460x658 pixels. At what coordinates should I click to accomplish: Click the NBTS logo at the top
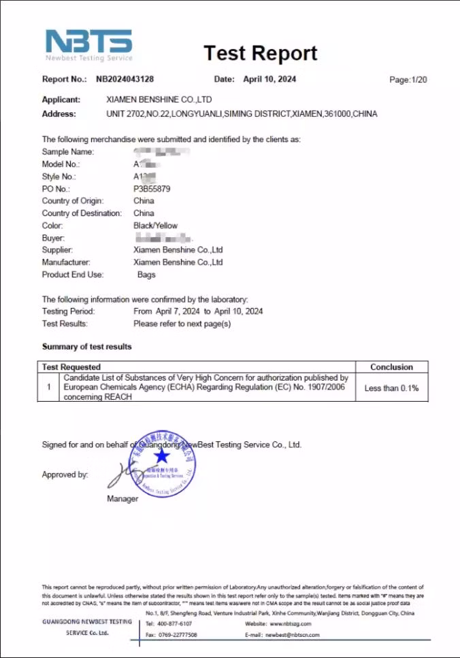pyautogui.click(x=88, y=44)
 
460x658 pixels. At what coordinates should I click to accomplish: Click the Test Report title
pyautogui.click(x=260, y=53)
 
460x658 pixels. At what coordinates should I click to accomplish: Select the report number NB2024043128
pyautogui.click(x=129, y=80)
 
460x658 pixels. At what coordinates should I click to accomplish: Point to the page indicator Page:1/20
pyautogui.click(x=408, y=80)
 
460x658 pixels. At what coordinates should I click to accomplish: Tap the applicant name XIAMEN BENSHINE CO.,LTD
pyautogui.click(x=159, y=100)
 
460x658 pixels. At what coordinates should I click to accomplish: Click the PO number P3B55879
pyautogui.click(x=152, y=189)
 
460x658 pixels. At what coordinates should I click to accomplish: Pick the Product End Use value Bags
pyautogui.click(x=146, y=275)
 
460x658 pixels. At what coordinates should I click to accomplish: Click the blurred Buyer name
pyautogui.click(x=163, y=238)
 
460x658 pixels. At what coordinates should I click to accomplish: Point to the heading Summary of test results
pyautogui.click(x=87, y=347)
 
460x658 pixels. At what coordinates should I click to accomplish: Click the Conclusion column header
pyautogui.click(x=391, y=367)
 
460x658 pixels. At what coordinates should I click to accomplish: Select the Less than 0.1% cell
pyautogui.click(x=391, y=388)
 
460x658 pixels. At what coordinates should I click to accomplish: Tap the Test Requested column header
pyautogui.click(x=71, y=367)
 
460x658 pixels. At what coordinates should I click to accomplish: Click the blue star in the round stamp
pyautogui.click(x=162, y=455)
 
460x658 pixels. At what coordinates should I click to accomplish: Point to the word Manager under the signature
pyautogui.click(x=122, y=499)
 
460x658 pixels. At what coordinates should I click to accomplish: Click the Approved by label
pyautogui.click(x=65, y=475)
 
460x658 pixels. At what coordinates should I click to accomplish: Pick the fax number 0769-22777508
pyautogui.click(x=177, y=635)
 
